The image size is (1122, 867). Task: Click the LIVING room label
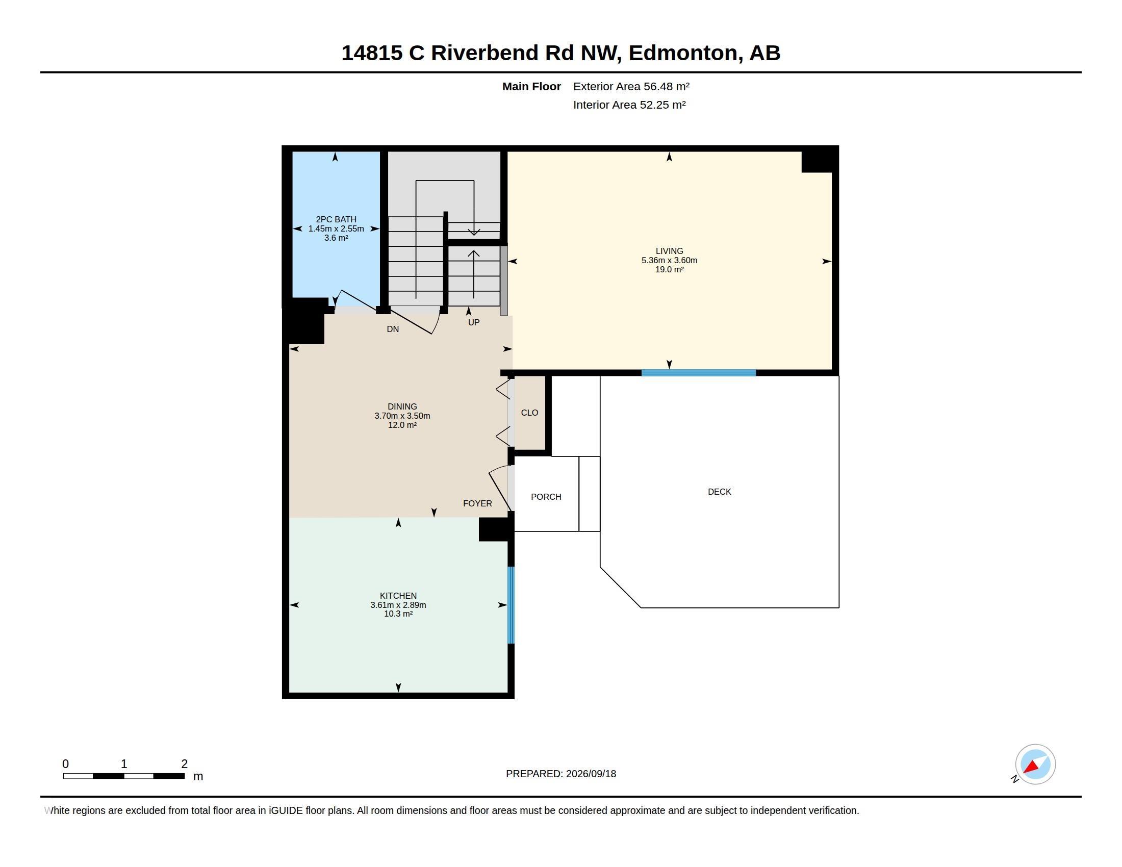click(x=669, y=251)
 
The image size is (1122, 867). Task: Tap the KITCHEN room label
click(x=398, y=596)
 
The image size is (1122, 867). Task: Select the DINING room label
click(x=402, y=407)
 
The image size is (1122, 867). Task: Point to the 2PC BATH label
click(x=336, y=219)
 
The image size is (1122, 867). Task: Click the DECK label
click(x=719, y=492)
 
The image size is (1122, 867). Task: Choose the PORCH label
click(x=546, y=497)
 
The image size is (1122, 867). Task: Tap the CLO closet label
click(x=530, y=413)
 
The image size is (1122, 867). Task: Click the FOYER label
click(x=477, y=504)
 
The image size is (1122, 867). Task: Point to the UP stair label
click(x=474, y=322)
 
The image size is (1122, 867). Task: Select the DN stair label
click(x=393, y=329)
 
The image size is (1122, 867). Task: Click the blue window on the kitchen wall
click(x=511, y=605)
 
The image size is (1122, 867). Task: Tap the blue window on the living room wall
click(x=699, y=373)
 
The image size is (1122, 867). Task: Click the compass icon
click(x=1035, y=764)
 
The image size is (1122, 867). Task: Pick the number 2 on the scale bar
click(x=185, y=764)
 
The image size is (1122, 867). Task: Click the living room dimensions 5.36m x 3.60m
click(x=669, y=261)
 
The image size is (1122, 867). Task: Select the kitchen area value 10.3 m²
click(x=398, y=614)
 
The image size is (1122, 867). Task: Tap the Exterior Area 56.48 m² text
click(x=631, y=86)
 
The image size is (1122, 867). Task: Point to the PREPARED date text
click(x=561, y=774)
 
